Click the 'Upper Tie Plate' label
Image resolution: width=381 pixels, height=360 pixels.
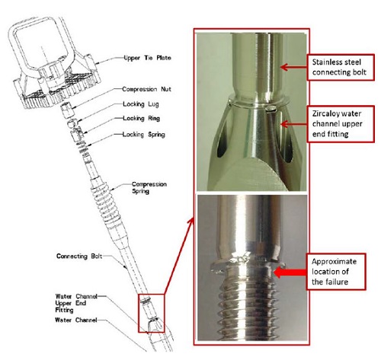147,58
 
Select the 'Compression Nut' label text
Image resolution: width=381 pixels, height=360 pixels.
146,89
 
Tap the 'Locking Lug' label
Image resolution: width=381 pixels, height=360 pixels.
141,104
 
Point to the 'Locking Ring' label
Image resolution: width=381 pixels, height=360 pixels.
141,119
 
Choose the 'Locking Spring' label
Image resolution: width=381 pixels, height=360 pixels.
144,135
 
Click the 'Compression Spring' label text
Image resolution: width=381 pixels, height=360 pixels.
149,187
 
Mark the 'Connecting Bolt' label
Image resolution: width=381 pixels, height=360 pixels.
79,256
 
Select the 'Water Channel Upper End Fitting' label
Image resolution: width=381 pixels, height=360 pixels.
76,303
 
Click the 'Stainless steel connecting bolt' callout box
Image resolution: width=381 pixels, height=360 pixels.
341,67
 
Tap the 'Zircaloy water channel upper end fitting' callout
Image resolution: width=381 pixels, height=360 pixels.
341,124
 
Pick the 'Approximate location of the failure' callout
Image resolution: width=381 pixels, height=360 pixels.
336,272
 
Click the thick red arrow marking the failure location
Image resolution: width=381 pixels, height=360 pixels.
290,272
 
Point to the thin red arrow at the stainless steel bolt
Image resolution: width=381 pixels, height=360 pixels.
293,67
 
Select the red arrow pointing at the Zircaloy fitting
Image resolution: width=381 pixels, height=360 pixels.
293,124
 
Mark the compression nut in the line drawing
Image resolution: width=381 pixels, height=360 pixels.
67,110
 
